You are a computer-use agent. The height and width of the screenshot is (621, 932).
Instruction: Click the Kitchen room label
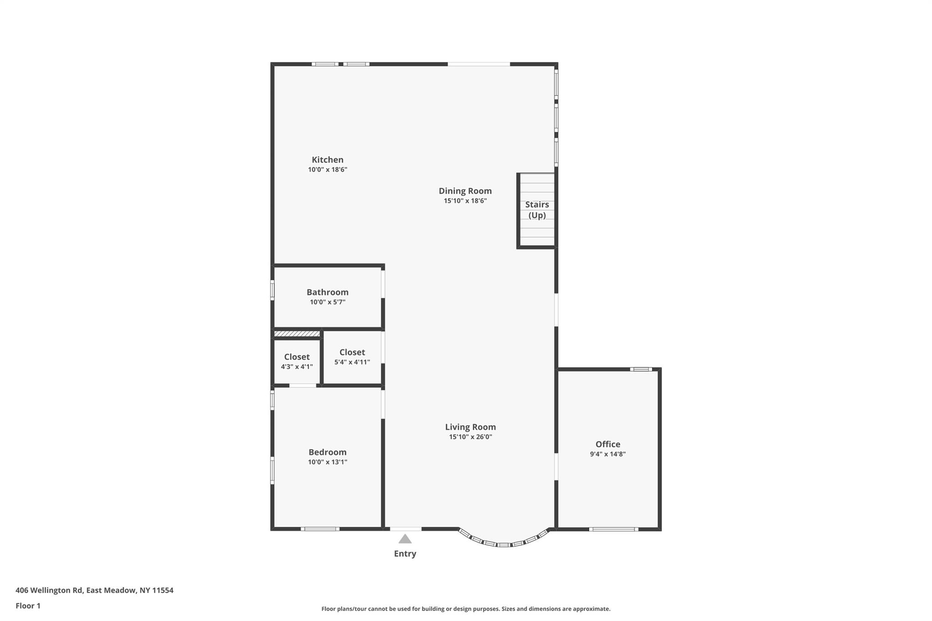tap(327, 160)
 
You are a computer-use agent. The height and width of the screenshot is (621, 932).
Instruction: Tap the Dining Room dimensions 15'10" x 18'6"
tap(465, 201)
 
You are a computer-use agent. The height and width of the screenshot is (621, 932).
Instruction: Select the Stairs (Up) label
tap(537, 210)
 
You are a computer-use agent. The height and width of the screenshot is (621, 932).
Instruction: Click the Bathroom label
tap(327, 292)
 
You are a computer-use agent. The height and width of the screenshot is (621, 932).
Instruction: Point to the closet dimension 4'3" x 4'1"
tap(297, 367)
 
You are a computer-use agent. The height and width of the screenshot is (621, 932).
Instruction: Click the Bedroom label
tap(327, 452)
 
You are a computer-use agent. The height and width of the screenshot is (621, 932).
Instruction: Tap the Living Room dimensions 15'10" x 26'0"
tap(470, 437)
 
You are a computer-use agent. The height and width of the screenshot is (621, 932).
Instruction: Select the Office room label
tap(608, 444)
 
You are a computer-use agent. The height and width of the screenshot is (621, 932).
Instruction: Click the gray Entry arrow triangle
tap(405, 540)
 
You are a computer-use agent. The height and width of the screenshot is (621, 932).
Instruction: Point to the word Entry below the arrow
tap(405, 554)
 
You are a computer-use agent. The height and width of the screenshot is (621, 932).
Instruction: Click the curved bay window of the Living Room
tap(504, 544)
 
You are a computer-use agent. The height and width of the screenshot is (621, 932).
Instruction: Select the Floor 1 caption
tap(28, 606)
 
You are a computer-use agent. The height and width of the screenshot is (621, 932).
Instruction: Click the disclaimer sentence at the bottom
tap(466, 609)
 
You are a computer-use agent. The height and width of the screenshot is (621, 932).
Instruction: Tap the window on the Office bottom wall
tap(613, 529)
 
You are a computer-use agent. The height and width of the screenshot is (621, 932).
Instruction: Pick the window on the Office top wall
tap(641, 369)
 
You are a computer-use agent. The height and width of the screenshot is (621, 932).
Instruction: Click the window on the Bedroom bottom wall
tap(320, 529)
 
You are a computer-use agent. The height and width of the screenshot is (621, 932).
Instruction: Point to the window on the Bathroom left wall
tap(273, 290)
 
